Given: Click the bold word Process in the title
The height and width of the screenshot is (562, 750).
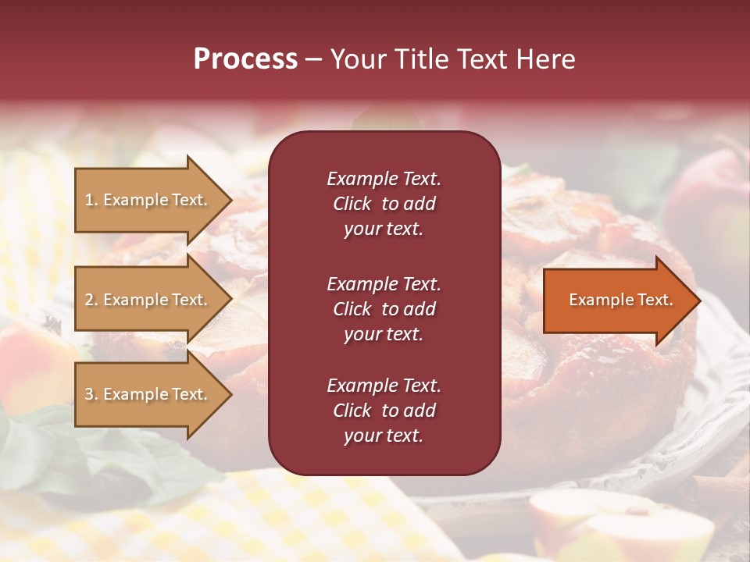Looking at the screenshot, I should click(x=245, y=59).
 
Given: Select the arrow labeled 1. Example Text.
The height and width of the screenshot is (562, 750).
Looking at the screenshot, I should click(x=148, y=200).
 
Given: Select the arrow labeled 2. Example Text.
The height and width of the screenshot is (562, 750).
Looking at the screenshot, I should click(x=148, y=300).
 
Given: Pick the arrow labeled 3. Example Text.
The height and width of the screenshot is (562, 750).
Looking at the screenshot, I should click(x=148, y=394).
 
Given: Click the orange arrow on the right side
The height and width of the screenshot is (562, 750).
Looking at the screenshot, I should click(x=617, y=301).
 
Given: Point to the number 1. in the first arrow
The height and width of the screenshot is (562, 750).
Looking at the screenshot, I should click(x=91, y=201).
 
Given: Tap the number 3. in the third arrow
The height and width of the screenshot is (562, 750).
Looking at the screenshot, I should click(x=91, y=395).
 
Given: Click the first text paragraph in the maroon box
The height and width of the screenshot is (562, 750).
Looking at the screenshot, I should click(x=384, y=204).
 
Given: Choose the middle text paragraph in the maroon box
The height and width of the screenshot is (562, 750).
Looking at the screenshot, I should click(x=384, y=309).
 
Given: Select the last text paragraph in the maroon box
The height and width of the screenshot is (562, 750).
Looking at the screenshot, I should click(x=384, y=411).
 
